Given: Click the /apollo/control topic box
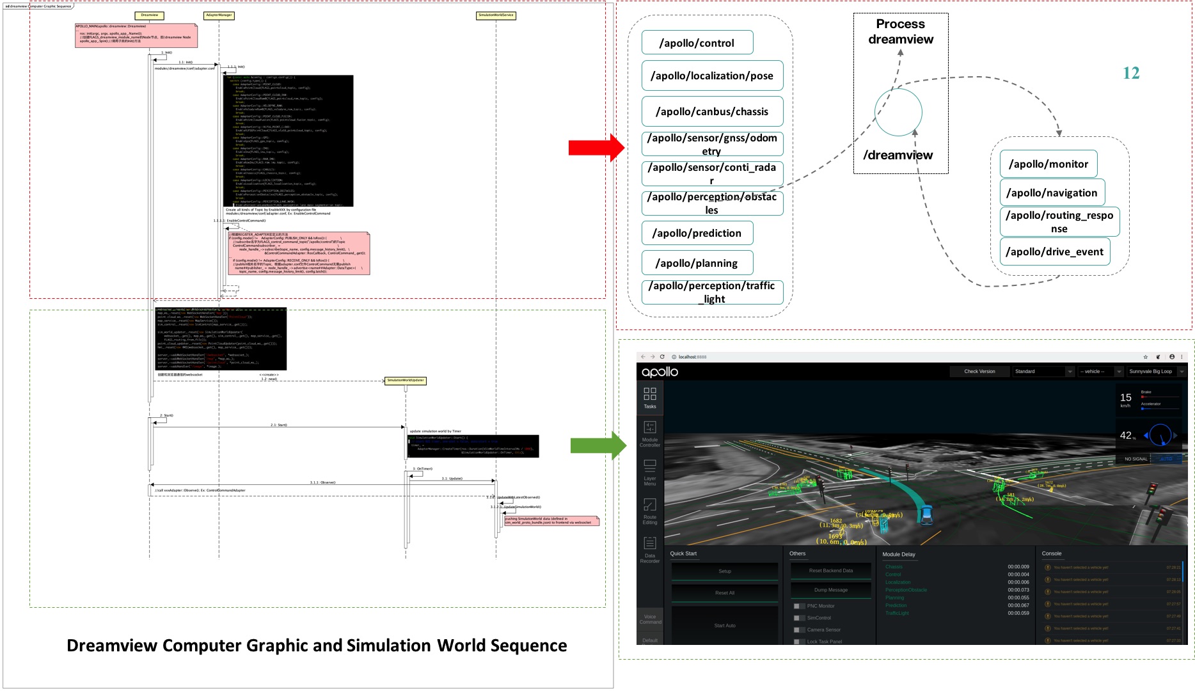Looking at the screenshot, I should click(x=697, y=43).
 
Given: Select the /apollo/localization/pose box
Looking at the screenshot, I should click(x=712, y=75).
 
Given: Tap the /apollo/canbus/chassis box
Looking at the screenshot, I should click(x=712, y=111).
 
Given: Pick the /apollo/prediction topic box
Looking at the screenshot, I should click(x=697, y=233).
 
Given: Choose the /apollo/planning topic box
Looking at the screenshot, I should click(x=697, y=263).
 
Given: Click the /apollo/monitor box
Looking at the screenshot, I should click(x=1049, y=164).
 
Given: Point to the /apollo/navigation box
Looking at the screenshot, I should click(x=1052, y=193).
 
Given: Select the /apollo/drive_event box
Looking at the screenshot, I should click(x=1054, y=251).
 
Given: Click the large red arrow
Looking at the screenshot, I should click(x=595, y=148).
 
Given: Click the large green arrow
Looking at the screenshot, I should click(x=597, y=445).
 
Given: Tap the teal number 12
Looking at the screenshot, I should click(x=1131, y=74).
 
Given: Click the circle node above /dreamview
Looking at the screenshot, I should click(x=898, y=113).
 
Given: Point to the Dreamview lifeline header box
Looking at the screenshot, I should click(x=150, y=15).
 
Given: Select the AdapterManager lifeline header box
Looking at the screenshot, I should click(x=219, y=15).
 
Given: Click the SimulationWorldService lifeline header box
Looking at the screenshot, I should click(x=496, y=15).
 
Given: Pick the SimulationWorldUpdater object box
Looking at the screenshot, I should click(x=405, y=381).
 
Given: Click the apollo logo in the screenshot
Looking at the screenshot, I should click(x=660, y=372).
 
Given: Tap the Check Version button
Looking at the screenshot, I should click(x=979, y=371).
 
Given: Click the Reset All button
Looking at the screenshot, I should click(x=724, y=593).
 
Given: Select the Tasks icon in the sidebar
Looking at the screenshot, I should click(x=649, y=397).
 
